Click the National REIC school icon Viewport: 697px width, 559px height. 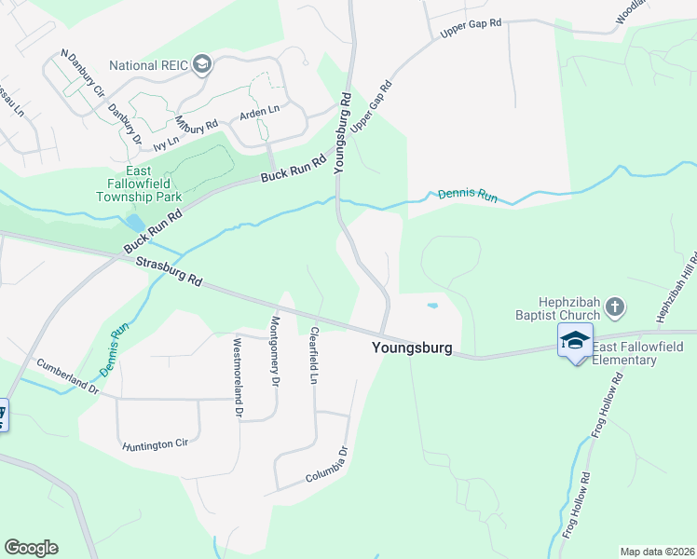coord(204,65)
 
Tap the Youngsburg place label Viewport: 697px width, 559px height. coord(412,348)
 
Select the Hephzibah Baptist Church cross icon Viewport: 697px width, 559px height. coord(614,306)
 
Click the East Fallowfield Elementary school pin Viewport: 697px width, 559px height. coord(575,341)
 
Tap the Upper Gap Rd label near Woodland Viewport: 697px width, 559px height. coord(471,30)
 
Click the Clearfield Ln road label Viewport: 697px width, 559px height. coord(314,355)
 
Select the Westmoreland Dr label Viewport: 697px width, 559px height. coord(238,375)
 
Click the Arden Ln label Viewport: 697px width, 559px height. coord(260,112)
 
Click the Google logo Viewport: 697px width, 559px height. coord(31,548)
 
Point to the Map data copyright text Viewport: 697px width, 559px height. coord(656,552)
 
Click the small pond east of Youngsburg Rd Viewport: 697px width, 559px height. coord(431,305)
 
